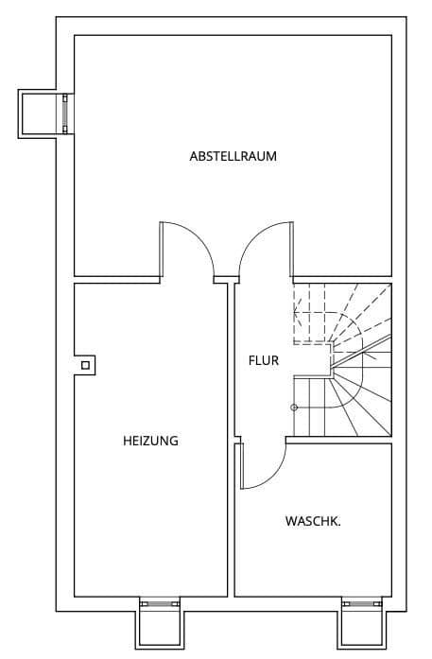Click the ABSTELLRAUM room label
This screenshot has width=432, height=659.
coord(233,156)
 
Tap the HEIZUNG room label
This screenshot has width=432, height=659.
coord(150,441)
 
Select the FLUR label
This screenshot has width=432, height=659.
coord(264,359)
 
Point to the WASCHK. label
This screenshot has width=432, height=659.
coord(313,521)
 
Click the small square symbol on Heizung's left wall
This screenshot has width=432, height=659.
coord(85,365)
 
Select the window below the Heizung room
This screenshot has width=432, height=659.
coord(158,602)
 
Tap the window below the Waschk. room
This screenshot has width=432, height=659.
coord(362,602)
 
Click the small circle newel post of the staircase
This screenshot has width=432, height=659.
coord(294,408)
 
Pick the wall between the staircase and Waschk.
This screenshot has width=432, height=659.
coord(340,441)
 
